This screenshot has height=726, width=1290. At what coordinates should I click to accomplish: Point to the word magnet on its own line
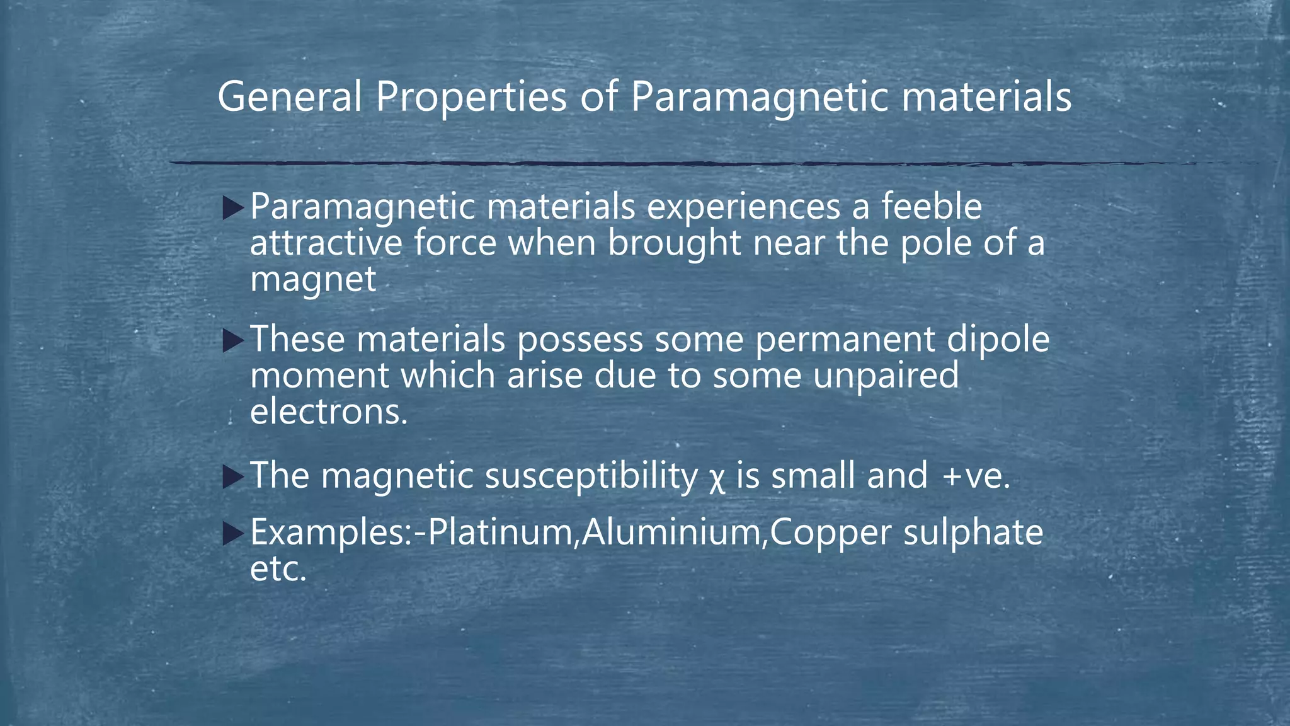coord(313,279)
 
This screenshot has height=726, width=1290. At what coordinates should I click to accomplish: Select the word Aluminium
coord(671,532)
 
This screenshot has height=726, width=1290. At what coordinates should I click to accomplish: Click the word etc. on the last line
coord(278,568)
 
